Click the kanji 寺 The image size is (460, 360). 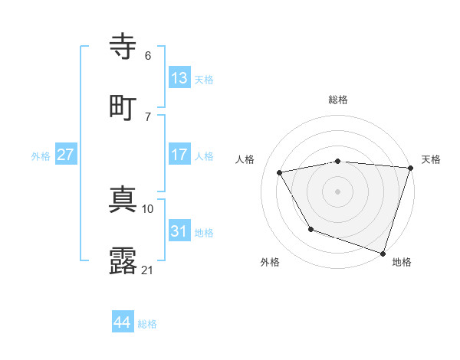124,47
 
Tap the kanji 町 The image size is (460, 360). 124,106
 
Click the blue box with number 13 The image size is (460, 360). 179,77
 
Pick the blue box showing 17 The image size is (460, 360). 179,155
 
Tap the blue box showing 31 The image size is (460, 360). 179,231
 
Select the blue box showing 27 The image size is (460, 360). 65,155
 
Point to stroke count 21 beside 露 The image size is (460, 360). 148,270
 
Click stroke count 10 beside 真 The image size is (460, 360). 148,208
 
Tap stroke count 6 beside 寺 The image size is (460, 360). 148,56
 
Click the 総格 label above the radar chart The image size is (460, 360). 338,100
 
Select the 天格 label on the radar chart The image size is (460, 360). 431,159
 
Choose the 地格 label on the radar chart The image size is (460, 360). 402,262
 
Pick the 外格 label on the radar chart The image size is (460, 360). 270,262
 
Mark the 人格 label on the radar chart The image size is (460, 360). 245,159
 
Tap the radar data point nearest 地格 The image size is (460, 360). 383,253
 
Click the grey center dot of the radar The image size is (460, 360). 338,191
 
